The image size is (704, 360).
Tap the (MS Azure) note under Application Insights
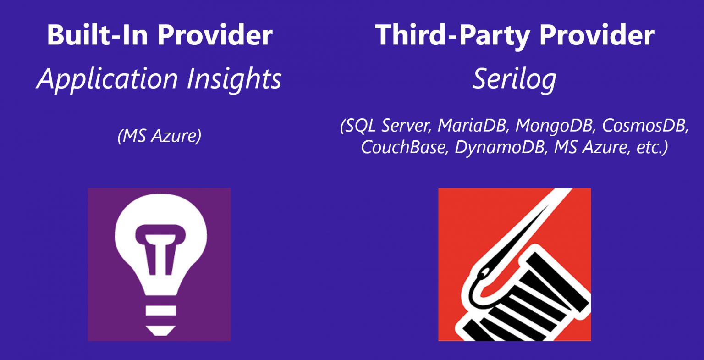[x=159, y=136]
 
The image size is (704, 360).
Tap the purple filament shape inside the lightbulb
[x=160, y=249]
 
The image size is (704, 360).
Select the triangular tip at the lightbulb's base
[x=160, y=331]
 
